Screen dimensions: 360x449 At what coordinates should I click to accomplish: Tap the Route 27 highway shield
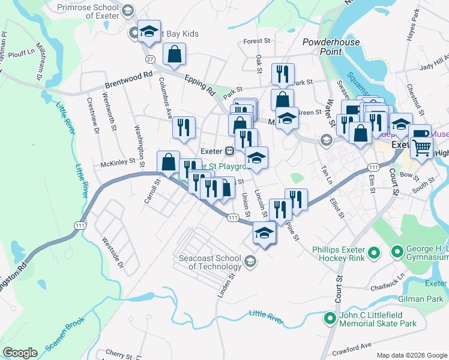click(x=150, y=58)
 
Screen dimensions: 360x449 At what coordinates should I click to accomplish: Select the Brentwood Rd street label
click(x=128, y=78)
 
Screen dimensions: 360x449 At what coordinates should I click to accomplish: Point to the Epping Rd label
click(x=200, y=86)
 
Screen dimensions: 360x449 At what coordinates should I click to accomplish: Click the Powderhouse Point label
click(x=331, y=47)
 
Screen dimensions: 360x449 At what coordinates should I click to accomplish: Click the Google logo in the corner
click(x=20, y=353)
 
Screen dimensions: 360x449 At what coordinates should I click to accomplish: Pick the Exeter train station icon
click(x=229, y=151)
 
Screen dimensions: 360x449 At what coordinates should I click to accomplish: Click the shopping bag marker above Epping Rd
click(x=173, y=55)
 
